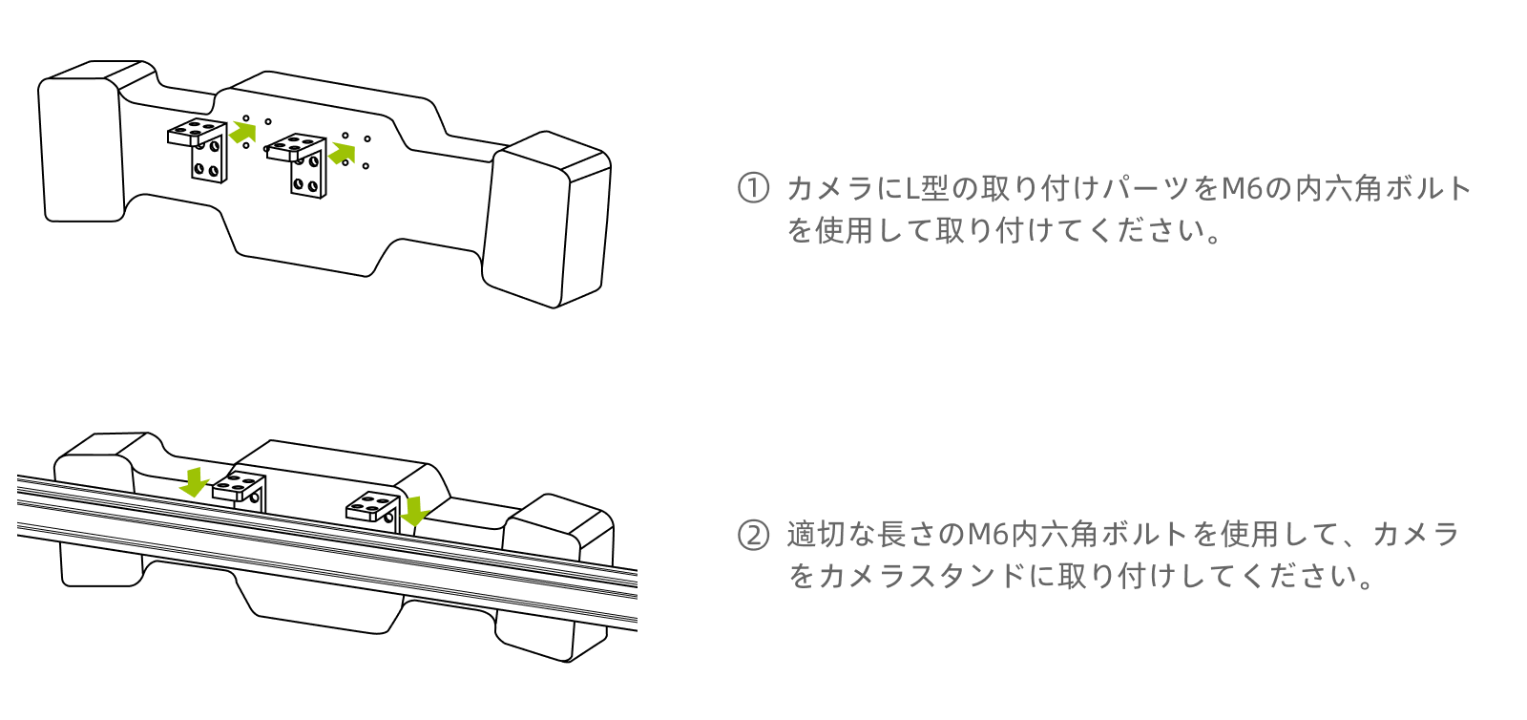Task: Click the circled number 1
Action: pos(753,188)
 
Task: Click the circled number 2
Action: pos(753,535)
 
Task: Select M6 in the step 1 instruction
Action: pos(1243,188)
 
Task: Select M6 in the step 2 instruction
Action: pos(989,535)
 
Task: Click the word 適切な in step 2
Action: pos(831,535)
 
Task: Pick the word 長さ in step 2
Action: pos(907,535)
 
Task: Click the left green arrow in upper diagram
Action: pos(243,131)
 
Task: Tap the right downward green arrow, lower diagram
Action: pos(414,511)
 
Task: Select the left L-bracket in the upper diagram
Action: pos(200,149)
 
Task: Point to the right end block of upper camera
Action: pos(548,220)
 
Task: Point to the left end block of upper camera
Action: pos(81,143)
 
